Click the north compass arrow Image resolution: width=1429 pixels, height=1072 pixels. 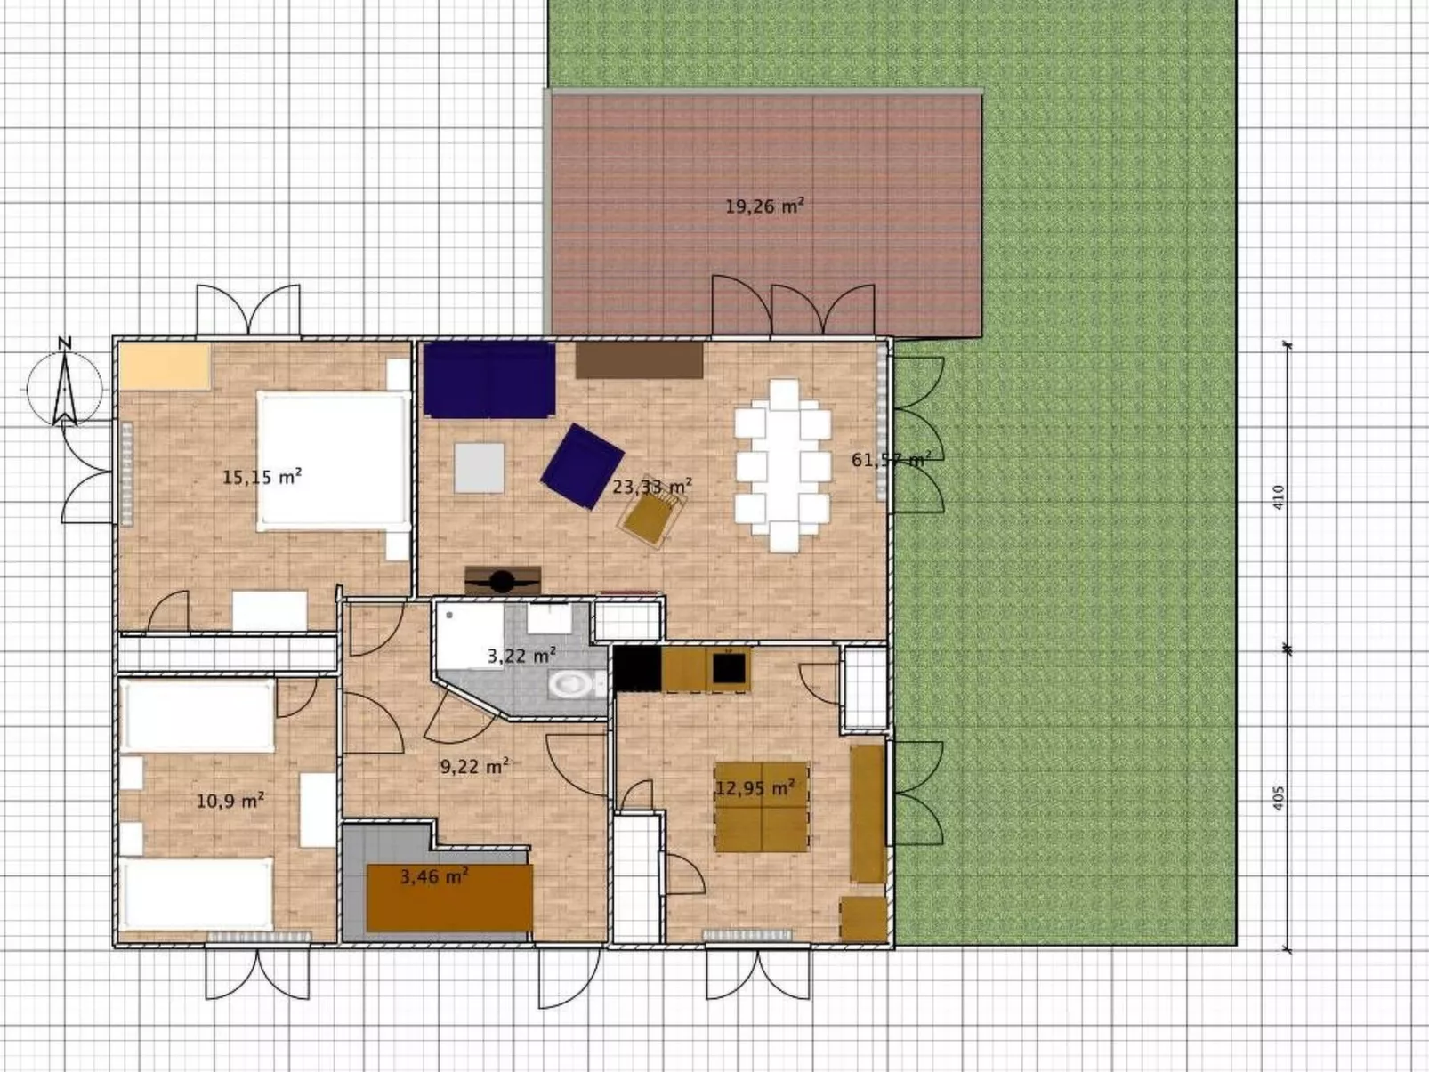[x=64, y=388]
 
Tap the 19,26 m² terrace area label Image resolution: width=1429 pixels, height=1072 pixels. [x=765, y=207]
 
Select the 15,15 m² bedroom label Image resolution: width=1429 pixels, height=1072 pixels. [x=262, y=477]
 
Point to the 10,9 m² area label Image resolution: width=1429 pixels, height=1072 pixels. [x=230, y=800]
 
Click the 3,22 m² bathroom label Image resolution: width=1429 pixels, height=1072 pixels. [x=521, y=655]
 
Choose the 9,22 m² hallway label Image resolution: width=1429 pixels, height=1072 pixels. [x=474, y=767]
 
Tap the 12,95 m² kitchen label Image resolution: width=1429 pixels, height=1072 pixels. [x=755, y=788]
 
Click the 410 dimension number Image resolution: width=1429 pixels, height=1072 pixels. [x=1279, y=497]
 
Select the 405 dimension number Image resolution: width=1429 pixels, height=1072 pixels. [x=1279, y=798]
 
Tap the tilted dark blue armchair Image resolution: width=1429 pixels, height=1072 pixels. [x=582, y=466]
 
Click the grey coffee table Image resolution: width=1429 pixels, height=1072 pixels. [x=480, y=468]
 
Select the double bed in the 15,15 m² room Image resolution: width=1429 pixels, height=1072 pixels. [x=334, y=461]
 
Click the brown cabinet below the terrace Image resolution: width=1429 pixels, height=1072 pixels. [x=639, y=360]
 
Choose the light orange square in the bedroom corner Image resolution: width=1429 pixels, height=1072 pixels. [x=165, y=367]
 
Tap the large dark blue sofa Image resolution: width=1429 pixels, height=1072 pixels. [x=488, y=380]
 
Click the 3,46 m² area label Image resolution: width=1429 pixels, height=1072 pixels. [x=434, y=877]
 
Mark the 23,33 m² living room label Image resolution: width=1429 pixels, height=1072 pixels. [x=651, y=486]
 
